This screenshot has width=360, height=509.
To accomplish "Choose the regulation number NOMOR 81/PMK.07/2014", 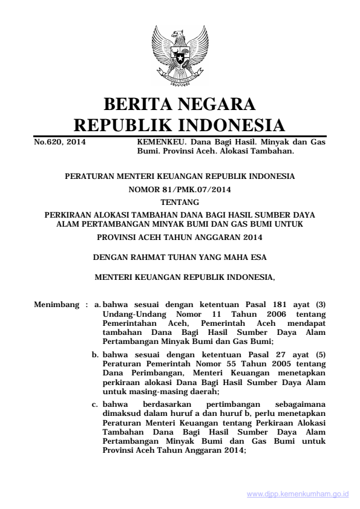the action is pos(180,189).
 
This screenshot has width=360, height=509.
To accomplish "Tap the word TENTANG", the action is pos(180,202).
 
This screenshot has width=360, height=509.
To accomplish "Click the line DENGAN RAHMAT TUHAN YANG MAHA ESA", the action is pos(180,257).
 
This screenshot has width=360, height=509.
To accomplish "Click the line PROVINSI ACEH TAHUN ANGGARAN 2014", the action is pos(180,238).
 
